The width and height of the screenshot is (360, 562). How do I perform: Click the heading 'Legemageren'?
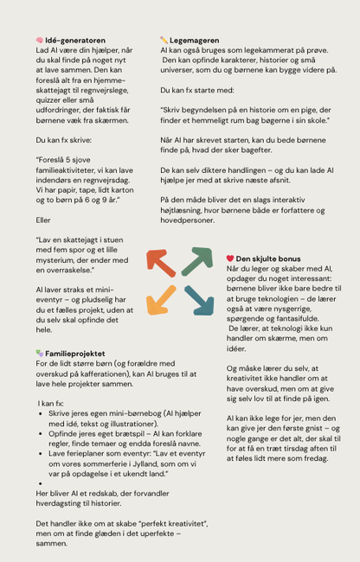click(195, 40)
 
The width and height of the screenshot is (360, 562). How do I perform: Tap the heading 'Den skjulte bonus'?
click(268, 259)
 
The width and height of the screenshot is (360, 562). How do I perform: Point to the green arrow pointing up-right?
click(197, 261)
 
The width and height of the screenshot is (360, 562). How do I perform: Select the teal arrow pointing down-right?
click(198, 299)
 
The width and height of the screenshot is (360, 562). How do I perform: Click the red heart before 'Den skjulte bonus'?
click(230, 259)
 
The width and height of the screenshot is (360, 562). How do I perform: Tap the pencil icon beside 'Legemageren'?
click(164, 40)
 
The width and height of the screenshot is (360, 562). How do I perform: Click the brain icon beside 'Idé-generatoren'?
click(40, 40)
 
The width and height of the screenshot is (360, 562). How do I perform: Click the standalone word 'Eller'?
click(44, 220)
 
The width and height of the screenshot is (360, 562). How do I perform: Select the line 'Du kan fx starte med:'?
click(195, 89)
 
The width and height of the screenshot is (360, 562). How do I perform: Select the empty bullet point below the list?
click(42, 483)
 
